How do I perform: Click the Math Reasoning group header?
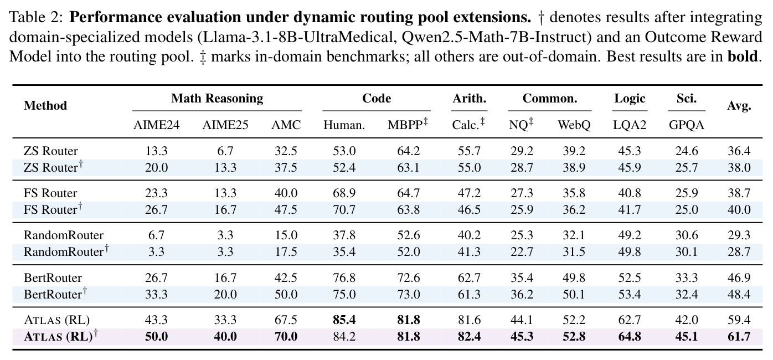[x=217, y=99]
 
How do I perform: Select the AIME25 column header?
[x=225, y=125]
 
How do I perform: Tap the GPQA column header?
[x=687, y=125]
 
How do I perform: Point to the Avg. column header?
[x=739, y=106]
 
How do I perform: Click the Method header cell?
[x=45, y=106]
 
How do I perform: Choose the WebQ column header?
[x=574, y=125]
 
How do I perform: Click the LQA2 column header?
[x=630, y=125]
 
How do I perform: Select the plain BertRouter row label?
[x=53, y=277]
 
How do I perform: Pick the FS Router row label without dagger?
[x=50, y=193]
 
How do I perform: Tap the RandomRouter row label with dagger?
[x=66, y=251]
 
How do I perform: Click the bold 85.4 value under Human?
[x=344, y=320]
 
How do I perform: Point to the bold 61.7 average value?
[x=739, y=337]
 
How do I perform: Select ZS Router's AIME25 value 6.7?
[x=225, y=151]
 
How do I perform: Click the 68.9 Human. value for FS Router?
[x=344, y=193]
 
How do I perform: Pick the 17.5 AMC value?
[x=286, y=251]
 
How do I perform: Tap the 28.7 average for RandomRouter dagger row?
[x=739, y=251]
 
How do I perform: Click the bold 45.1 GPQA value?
[x=687, y=337]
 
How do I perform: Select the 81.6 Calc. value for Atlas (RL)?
[x=470, y=320]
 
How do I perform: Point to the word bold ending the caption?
[x=743, y=56]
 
